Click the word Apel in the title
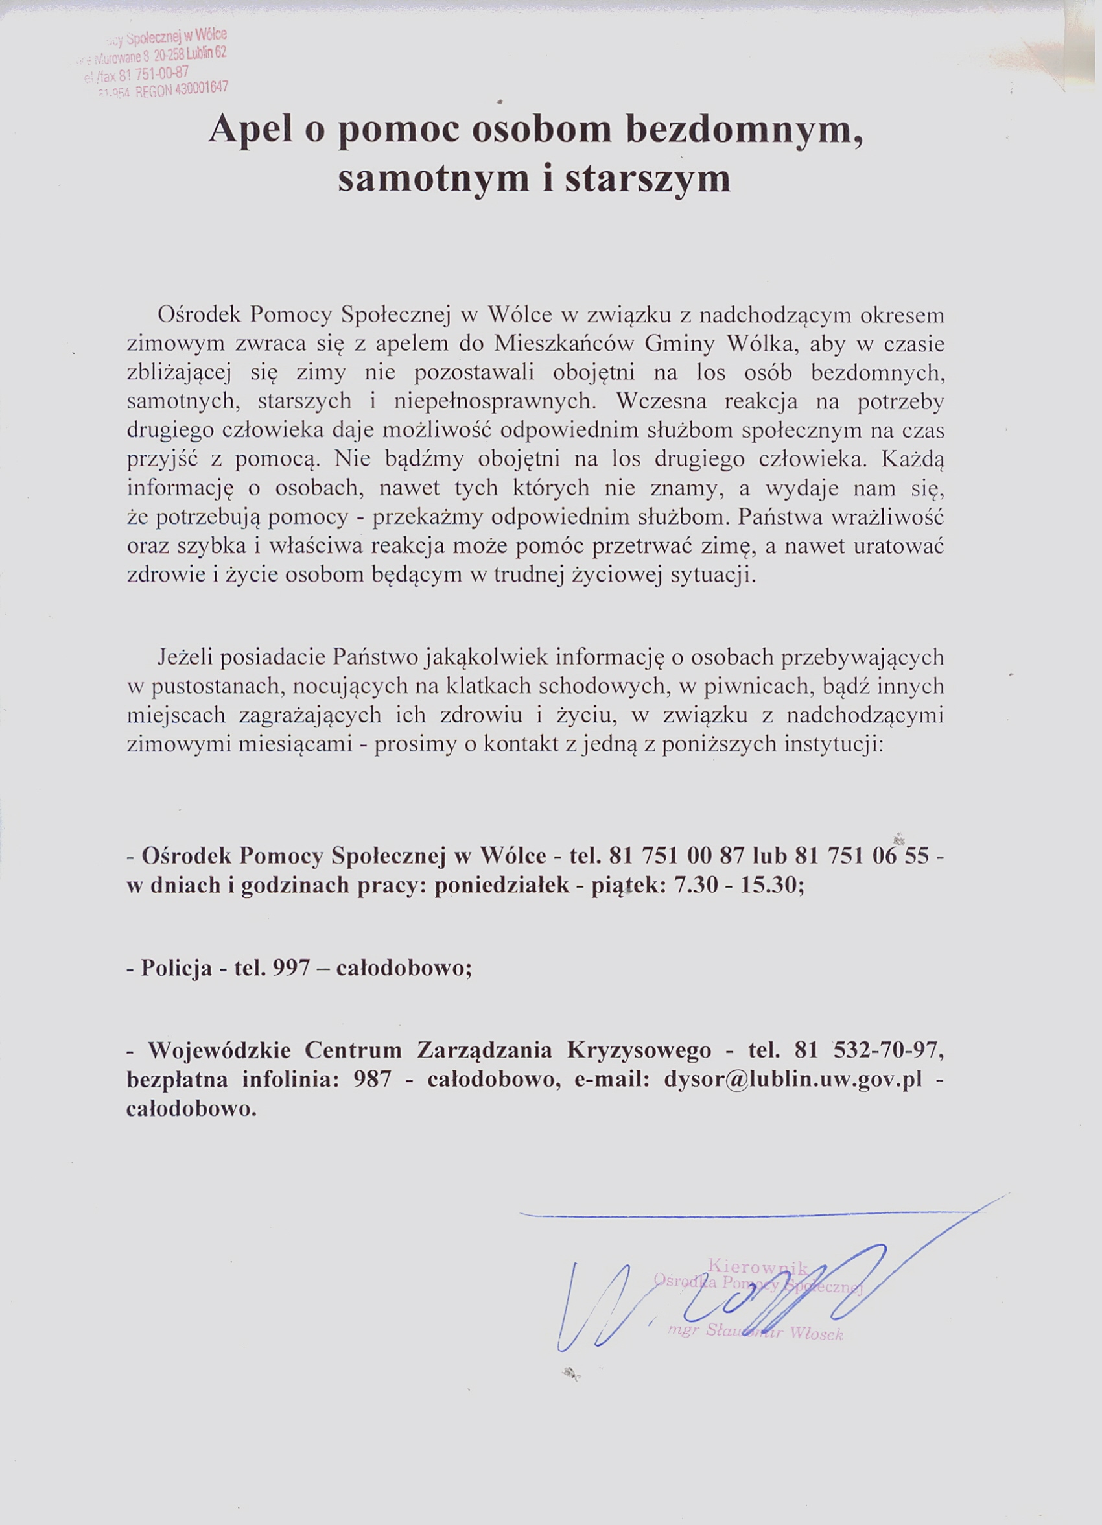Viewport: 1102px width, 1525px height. coord(250,130)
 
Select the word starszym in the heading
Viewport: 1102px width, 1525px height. coord(648,180)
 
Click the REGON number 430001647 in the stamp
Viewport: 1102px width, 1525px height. coord(201,89)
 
